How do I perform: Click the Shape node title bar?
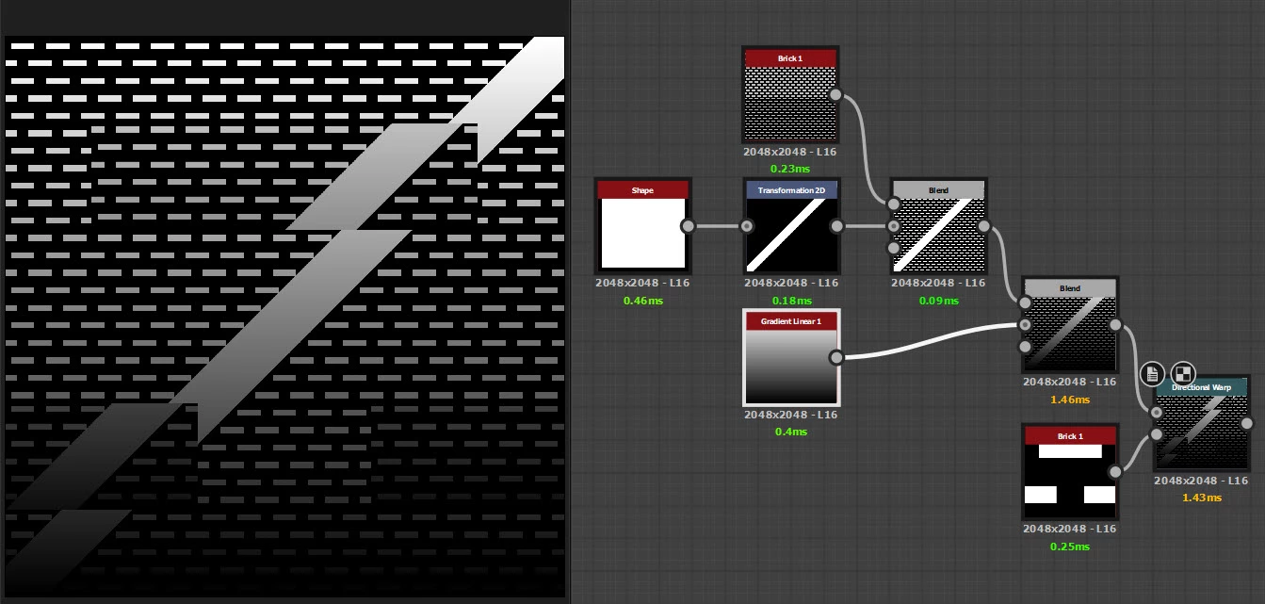(642, 190)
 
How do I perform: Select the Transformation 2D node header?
(791, 190)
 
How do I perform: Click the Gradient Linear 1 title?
(791, 321)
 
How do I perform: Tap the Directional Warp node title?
(1201, 387)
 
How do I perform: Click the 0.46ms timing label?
(642, 301)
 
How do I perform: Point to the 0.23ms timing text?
(790, 169)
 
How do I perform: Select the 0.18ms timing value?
(791, 301)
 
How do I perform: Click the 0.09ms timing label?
(938, 301)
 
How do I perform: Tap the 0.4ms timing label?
(791, 432)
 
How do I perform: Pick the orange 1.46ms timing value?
(1069, 400)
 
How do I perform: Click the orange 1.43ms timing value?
(1201, 498)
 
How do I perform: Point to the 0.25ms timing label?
(1069, 547)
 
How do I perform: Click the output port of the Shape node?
(688, 226)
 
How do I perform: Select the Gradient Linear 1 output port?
(835, 357)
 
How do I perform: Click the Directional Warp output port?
(1247, 423)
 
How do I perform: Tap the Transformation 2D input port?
(747, 226)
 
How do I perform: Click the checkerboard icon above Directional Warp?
(1183, 373)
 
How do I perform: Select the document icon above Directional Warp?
(1152, 373)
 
